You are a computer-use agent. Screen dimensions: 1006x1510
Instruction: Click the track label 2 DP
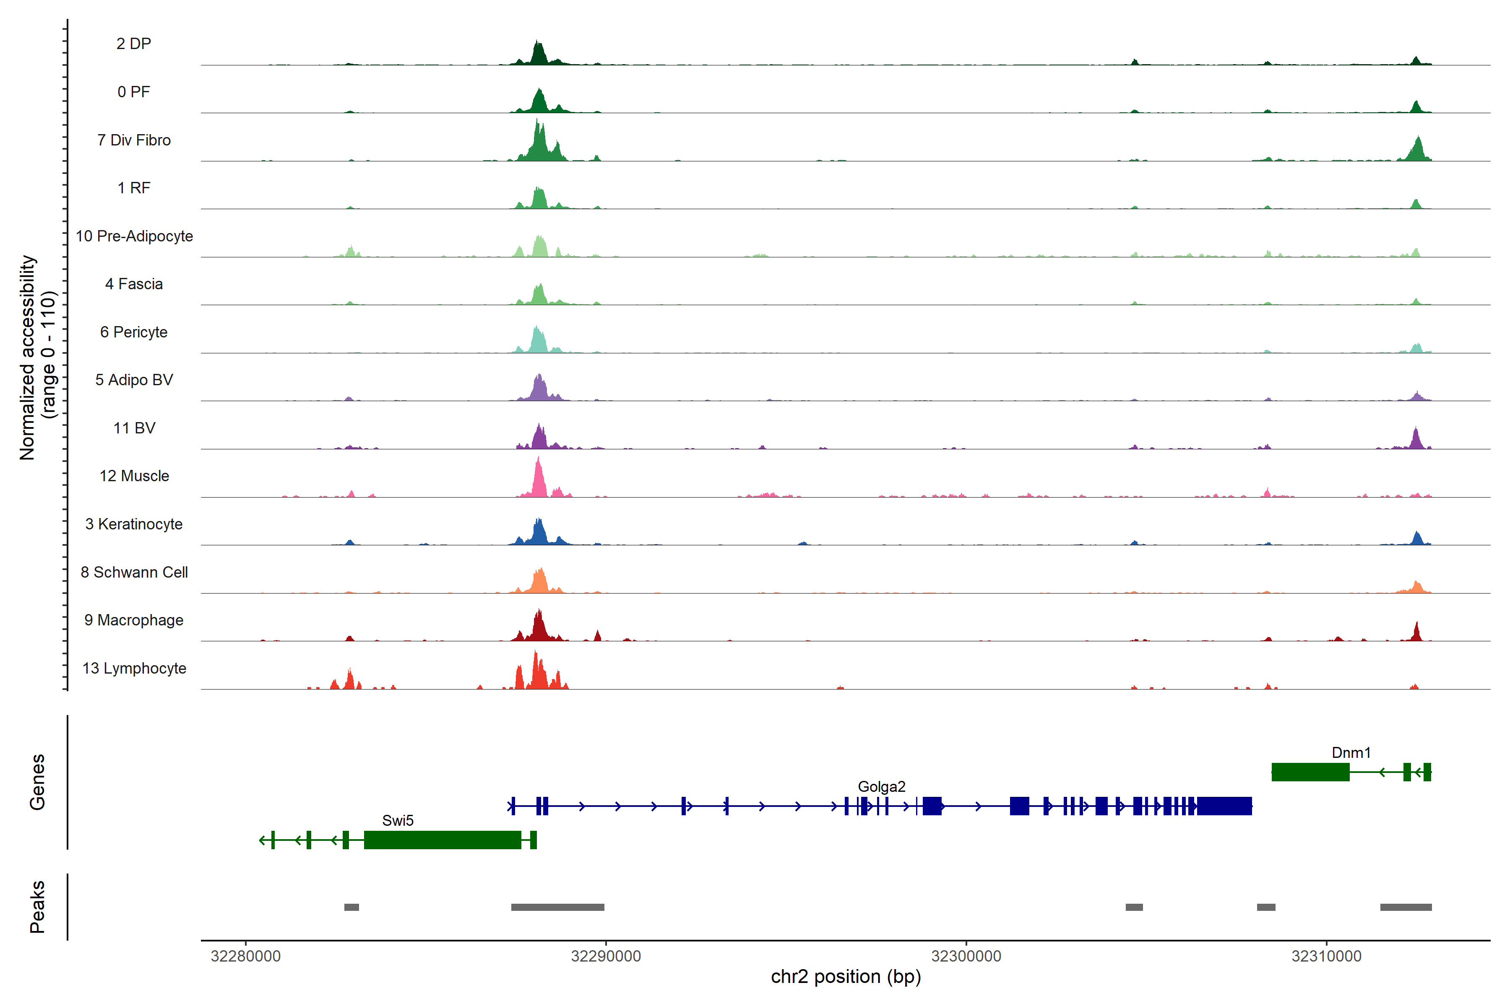[x=133, y=44]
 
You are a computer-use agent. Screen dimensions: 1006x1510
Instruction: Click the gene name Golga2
[x=882, y=787]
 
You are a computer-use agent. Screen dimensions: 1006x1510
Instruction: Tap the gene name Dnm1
[x=1351, y=752]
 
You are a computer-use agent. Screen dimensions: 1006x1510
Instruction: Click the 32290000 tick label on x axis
[x=605, y=956]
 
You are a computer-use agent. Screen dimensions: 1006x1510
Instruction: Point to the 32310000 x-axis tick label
[x=1326, y=956]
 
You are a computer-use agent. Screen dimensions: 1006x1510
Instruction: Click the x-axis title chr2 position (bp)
[x=846, y=977]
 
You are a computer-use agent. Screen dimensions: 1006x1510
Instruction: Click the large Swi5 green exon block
[x=443, y=840]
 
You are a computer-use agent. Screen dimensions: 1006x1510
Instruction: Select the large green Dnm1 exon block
[x=1310, y=772]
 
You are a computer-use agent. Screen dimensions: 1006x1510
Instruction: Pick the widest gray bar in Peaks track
[x=557, y=907]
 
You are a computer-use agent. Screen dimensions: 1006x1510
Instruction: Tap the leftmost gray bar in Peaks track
[x=351, y=907]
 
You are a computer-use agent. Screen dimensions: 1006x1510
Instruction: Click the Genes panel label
[x=37, y=782]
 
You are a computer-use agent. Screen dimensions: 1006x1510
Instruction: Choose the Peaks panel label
[x=37, y=907]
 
